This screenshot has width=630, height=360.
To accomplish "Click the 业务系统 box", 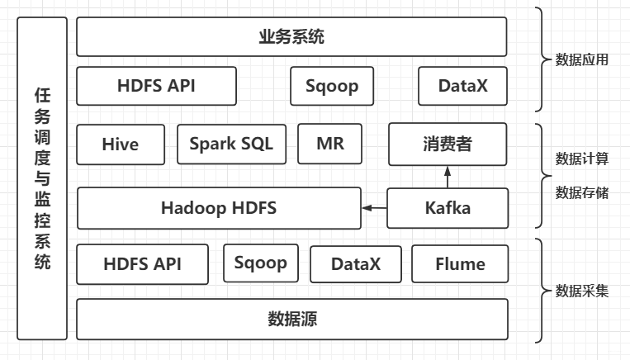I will click(x=291, y=37).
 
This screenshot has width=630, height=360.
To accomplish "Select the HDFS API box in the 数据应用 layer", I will click(x=156, y=86).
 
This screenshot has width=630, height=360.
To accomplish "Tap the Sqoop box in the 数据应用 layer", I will click(x=331, y=86).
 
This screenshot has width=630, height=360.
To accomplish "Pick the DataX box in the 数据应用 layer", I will click(x=462, y=86).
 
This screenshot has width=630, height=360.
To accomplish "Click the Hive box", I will click(x=121, y=144).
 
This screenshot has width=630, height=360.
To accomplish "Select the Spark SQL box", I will click(x=230, y=144).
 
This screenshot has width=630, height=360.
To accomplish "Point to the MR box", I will click(x=329, y=144).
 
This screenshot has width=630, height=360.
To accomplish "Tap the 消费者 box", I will click(x=447, y=144).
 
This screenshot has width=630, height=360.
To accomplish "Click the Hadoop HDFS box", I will click(x=219, y=208).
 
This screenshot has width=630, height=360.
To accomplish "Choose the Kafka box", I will click(x=447, y=208).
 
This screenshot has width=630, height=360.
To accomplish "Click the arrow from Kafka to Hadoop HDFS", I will click(x=375, y=208).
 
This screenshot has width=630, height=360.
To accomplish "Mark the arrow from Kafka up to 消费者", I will click(x=447, y=176).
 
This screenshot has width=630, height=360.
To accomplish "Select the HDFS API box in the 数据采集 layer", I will click(x=143, y=264).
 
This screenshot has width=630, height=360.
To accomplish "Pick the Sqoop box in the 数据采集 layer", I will click(x=260, y=263).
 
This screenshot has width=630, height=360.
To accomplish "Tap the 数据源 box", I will click(x=291, y=319).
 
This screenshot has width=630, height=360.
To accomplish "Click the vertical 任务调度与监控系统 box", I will click(x=42, y=178).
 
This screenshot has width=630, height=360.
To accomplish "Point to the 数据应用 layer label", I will click(x=582, y=59).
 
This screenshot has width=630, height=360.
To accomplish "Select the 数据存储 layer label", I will click(x=582, y=192).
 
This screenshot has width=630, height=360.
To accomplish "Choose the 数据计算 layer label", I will click(x=582, y=158).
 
